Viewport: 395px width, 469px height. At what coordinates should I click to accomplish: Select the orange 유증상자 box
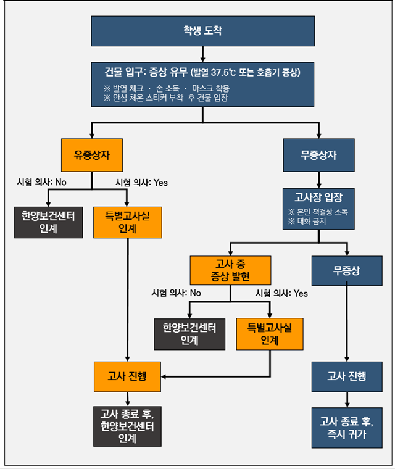(91, 155)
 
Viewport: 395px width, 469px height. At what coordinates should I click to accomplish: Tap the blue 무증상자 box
(318, 155)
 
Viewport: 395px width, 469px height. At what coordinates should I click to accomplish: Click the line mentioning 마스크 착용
(208, 88)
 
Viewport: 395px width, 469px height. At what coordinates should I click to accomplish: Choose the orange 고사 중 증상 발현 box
(230, 270)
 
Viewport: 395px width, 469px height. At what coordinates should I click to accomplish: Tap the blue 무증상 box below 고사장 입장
(346, 270)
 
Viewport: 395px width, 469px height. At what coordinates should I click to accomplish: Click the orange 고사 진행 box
(128, 376)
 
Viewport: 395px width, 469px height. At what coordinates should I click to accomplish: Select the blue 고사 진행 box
(346, 376)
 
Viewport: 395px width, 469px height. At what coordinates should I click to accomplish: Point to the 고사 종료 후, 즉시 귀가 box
(346, 427)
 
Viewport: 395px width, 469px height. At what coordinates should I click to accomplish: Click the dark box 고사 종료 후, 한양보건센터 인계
(128, 427)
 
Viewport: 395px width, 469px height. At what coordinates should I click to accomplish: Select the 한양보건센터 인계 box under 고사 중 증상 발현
(189, 333)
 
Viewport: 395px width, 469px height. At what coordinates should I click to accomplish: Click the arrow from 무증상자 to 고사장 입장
(318, 180)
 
